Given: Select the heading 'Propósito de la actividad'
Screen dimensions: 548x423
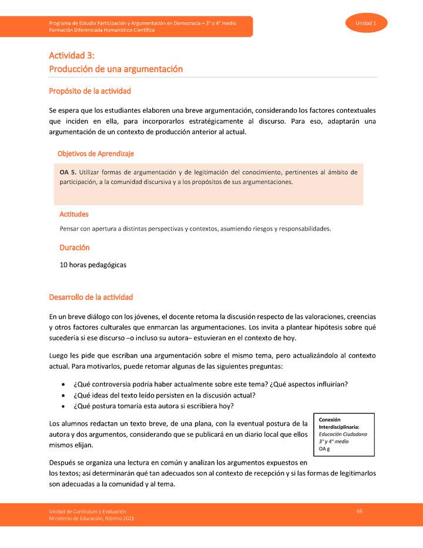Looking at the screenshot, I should [90, 91].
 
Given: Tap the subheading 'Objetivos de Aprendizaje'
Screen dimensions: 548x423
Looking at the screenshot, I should [96, 153].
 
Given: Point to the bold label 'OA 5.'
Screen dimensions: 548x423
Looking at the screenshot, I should [68, 172].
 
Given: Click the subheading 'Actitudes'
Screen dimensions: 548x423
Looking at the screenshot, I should [74, 214].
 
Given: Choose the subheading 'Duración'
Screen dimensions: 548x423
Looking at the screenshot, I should [75, 248].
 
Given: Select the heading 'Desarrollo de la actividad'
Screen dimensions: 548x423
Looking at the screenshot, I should [91, 297].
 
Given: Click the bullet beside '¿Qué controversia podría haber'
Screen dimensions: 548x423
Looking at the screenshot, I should [63, 385].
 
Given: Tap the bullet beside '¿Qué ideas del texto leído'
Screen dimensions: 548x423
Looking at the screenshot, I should [63, 395].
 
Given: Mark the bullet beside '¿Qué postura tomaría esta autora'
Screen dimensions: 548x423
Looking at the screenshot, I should [63, 406].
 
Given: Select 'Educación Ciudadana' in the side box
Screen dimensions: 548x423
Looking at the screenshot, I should [343, 434].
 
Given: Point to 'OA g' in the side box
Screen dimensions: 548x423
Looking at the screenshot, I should [324, 449].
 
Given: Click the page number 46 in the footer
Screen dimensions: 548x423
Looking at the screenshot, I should [359, 511].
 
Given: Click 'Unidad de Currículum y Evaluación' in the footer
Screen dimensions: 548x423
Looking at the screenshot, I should [88, 512].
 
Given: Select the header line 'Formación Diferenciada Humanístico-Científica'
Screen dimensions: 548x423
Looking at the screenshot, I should [102, 30].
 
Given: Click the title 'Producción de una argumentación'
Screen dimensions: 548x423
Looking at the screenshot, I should [116, 69].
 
